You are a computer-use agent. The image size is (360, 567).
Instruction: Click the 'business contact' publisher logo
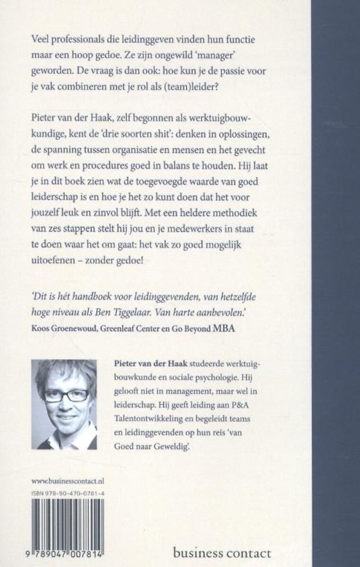click(x=222, y=553)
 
